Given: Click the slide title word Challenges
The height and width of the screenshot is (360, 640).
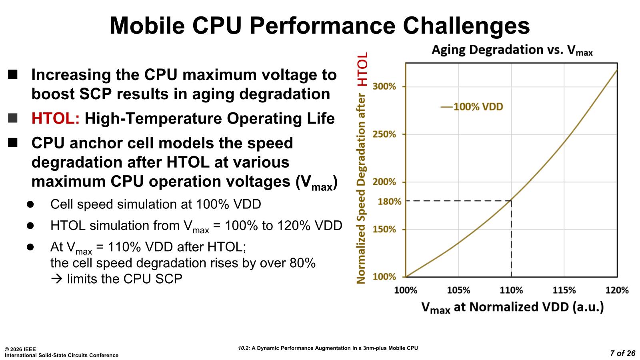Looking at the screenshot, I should tap(466, 25).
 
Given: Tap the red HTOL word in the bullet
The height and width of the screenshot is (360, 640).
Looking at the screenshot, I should tap(56, 119).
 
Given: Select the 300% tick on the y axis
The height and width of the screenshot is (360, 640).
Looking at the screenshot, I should tap(384, 86).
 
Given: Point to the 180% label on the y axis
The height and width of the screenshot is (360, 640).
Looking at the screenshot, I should tap(390, 201).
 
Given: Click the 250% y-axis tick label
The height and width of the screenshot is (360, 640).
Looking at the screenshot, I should tap(384, 134).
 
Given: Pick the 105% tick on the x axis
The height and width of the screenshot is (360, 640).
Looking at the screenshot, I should tap(458, 290).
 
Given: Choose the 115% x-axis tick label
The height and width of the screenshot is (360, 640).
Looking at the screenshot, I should tap(564, 290).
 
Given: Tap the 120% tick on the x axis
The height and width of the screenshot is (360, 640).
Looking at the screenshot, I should tap(617, 290).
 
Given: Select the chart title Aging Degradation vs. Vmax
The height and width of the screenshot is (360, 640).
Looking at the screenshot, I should tap(512, 50).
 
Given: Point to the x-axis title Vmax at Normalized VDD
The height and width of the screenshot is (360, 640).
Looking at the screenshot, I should tap(512, 307).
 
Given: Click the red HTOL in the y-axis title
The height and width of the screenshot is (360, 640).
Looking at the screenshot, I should tap(362, 70).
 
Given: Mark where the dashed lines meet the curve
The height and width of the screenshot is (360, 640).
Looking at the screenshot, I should tap(511, 200).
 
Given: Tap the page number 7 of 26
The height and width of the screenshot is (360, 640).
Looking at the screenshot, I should tap(622, 353).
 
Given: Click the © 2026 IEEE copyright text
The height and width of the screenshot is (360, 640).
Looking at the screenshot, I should tap(20, 349).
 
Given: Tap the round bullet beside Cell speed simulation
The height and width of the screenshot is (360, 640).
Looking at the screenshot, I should tap(30, 204).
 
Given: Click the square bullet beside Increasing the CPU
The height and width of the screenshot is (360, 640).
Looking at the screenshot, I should tap(13, 74).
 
